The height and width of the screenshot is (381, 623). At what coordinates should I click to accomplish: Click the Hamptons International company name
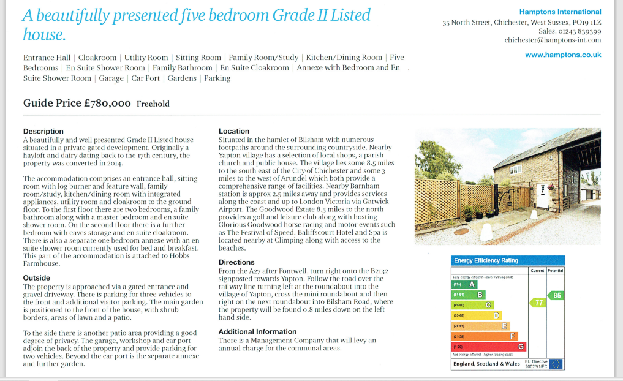(x=560, y=12)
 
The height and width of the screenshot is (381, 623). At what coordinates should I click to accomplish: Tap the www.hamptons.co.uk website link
(x=563, y=55)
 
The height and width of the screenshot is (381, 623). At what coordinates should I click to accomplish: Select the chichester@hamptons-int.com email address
(x=553, y=40)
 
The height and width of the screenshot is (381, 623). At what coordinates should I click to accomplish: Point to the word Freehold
(x=153, y=104)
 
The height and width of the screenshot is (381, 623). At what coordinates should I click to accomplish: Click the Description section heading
(x=43, y=131)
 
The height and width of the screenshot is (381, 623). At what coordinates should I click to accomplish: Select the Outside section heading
(x=36, y=277)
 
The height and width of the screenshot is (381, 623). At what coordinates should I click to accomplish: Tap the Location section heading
(x=234, y=131)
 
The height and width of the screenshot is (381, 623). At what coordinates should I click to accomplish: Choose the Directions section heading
(x=237, y=262)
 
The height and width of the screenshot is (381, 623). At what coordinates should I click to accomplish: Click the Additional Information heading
(x=254, y=331)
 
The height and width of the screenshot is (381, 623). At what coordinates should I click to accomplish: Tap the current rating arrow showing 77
(x=537, y=303)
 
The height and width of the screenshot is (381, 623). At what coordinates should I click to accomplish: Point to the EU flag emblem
(x=556, y=363)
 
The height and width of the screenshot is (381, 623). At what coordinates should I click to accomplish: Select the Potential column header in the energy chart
(x=556, y=270)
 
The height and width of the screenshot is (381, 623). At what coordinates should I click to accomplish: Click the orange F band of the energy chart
(x=485, y=336)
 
